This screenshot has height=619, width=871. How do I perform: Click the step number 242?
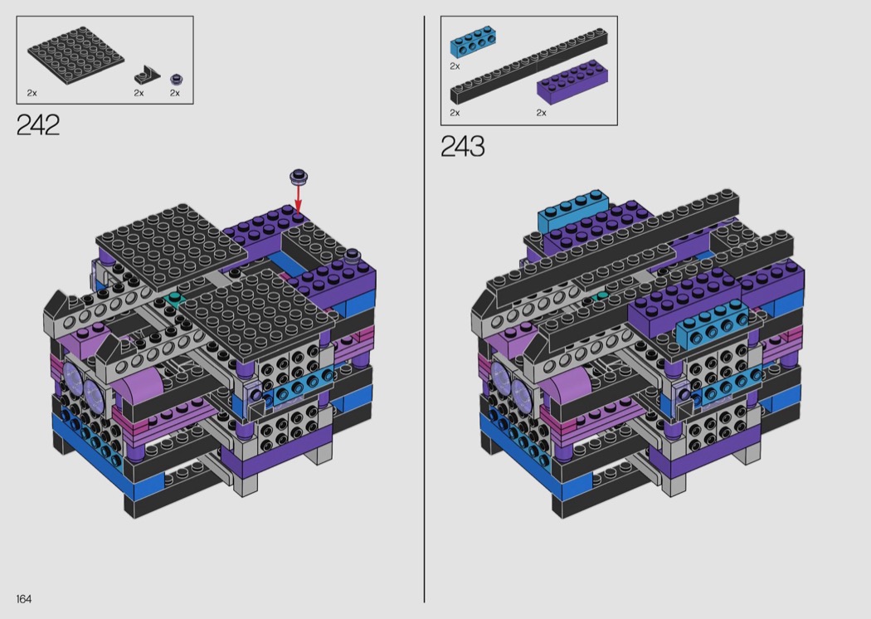(38, 125)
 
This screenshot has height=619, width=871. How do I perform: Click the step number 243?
(463, 146)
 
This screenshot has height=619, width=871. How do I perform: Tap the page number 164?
(24, 599)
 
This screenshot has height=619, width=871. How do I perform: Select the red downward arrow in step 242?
(299, 197)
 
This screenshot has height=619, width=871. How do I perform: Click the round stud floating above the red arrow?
(299, 177)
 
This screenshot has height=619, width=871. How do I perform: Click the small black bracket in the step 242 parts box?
(147, 75)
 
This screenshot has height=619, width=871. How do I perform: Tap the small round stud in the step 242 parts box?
(177, 79)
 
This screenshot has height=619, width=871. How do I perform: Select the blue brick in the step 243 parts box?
(473, 41)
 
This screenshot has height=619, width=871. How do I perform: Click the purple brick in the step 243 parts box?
(572, 82)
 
